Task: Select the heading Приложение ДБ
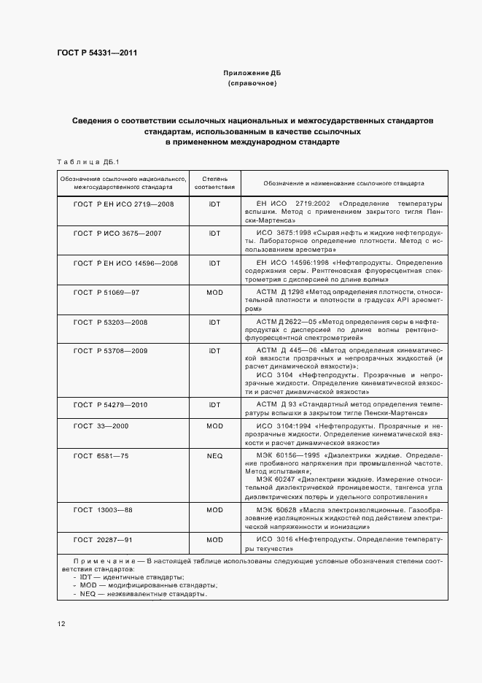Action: (x=252, y=74)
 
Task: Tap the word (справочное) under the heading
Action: (x=252, y=84)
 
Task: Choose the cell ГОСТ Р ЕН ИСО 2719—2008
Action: (x=125, y=204)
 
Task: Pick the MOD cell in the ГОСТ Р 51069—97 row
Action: (x=214, y=292)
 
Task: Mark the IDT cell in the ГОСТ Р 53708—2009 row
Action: (x=214, y=351)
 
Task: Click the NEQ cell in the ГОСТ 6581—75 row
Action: (x=214, y=455)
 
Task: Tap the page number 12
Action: (x=61, y=623)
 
